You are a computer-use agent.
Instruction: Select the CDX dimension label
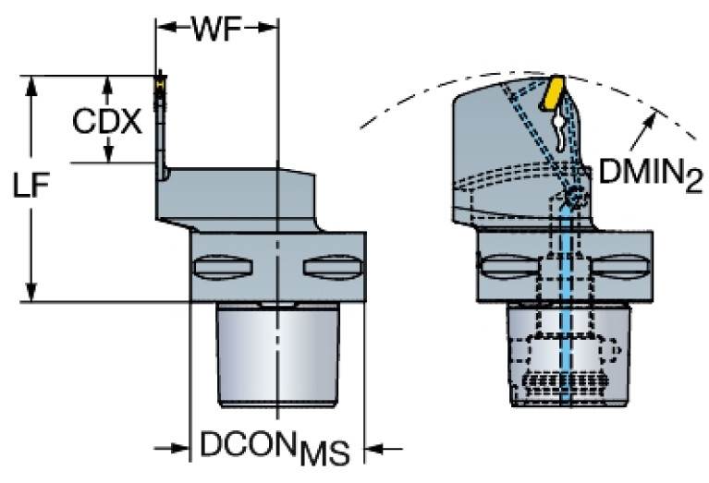[108, 121]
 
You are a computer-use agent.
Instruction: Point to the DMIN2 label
[642, 172]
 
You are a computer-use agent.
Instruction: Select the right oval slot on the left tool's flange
[329, 267]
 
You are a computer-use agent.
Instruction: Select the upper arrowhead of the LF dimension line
[34, 85]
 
